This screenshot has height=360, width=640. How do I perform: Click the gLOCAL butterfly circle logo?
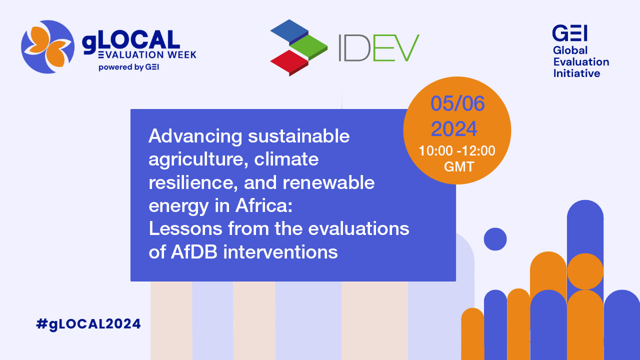pos(47,47)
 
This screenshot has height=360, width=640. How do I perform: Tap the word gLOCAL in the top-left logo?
pos(131,41)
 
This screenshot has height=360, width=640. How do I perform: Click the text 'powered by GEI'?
pos(129,67)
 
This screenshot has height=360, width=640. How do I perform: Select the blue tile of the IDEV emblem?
pos(289,31)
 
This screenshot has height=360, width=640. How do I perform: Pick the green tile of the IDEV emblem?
pos(308,47)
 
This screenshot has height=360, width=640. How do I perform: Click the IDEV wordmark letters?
pos(379,48)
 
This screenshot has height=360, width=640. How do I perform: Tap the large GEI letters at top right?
pos(569,33)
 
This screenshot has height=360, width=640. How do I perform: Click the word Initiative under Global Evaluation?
pos(576,73)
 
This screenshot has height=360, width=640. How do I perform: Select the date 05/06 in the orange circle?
pos(457,103)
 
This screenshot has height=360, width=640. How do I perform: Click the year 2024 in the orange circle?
pos(454,129)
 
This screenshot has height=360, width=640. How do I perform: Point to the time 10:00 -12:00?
pos(457,150)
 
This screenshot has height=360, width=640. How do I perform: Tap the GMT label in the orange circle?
pos(459,166)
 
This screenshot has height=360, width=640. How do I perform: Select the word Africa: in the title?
pos(264,205)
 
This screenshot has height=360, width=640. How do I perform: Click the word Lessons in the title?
pos(185,228)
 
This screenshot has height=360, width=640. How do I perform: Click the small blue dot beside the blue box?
pos(495,239)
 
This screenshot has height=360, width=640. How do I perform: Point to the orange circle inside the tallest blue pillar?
pos(585,271)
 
